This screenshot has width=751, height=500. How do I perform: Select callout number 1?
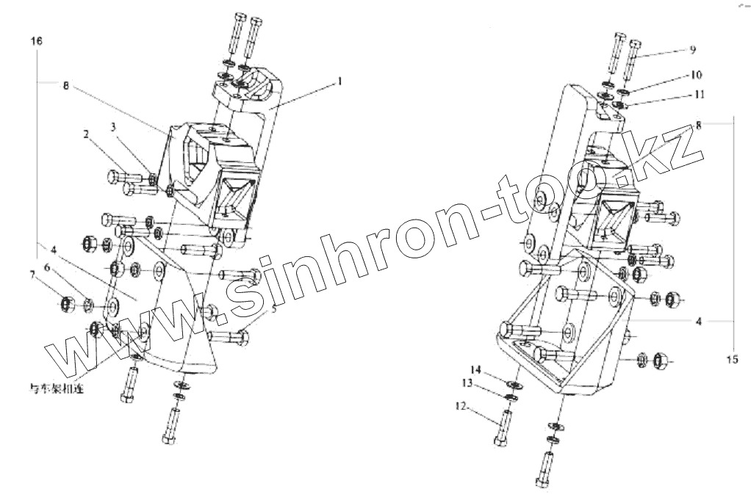(x=339, y=82)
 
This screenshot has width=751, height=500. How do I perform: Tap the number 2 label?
(x=86, y=135)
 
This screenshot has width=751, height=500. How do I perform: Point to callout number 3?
(x=113, y=128)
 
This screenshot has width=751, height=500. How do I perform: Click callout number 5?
(x=274, y=309)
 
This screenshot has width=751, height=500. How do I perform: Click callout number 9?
(x=692, y=50)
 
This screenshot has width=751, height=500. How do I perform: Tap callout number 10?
(x=696, y=75)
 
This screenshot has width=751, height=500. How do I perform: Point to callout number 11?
(x=699, y=95)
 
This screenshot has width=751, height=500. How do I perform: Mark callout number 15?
(x=732, y=360)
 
